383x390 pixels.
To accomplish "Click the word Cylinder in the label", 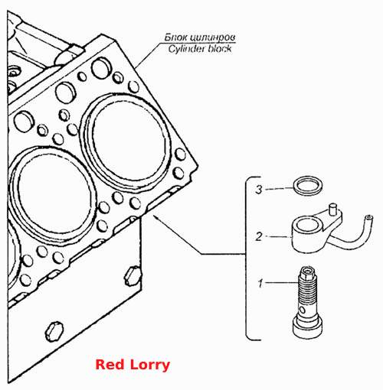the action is [186, 48].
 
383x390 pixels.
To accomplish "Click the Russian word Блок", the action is [175, 37].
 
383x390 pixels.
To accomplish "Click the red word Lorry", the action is [150, 366].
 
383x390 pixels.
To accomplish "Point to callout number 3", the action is [259, 190].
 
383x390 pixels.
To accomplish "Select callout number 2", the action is [259, 236].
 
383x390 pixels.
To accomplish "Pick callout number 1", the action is [260, 283].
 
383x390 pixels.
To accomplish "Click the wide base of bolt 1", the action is [307, 328].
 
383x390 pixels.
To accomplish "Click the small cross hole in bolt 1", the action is [303, 310].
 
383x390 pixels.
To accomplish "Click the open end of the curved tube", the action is [368, 218].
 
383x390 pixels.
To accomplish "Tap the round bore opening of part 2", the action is [306, 224].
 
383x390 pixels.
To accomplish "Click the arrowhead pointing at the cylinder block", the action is [155, 218].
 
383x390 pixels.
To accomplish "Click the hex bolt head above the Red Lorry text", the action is [54, 330].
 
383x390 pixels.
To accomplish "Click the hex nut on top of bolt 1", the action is [306, 273].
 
